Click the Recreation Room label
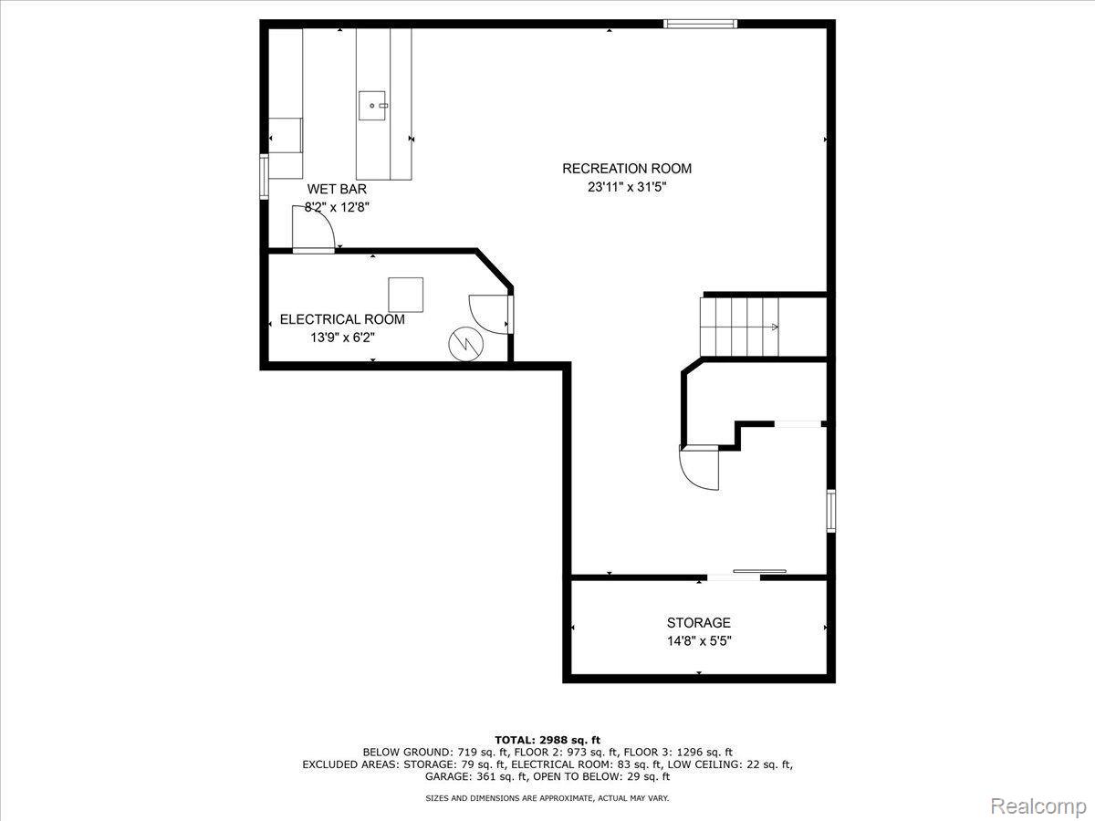(626, 168)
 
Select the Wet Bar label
(337, 189)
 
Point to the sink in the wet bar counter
(374, 106)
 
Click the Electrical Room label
(341, 319)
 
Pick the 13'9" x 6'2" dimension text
(342, 338)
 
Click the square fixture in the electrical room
(406, 295)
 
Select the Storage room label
(698, 622)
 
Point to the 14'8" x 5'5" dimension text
(698, 640)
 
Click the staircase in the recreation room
(740, 327)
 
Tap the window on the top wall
(700, 24)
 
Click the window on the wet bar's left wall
(264, 176)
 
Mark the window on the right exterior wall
(830, 511)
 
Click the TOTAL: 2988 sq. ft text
(547, 739)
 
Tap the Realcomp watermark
(1038, 805)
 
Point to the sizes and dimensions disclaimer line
(547, 798)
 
